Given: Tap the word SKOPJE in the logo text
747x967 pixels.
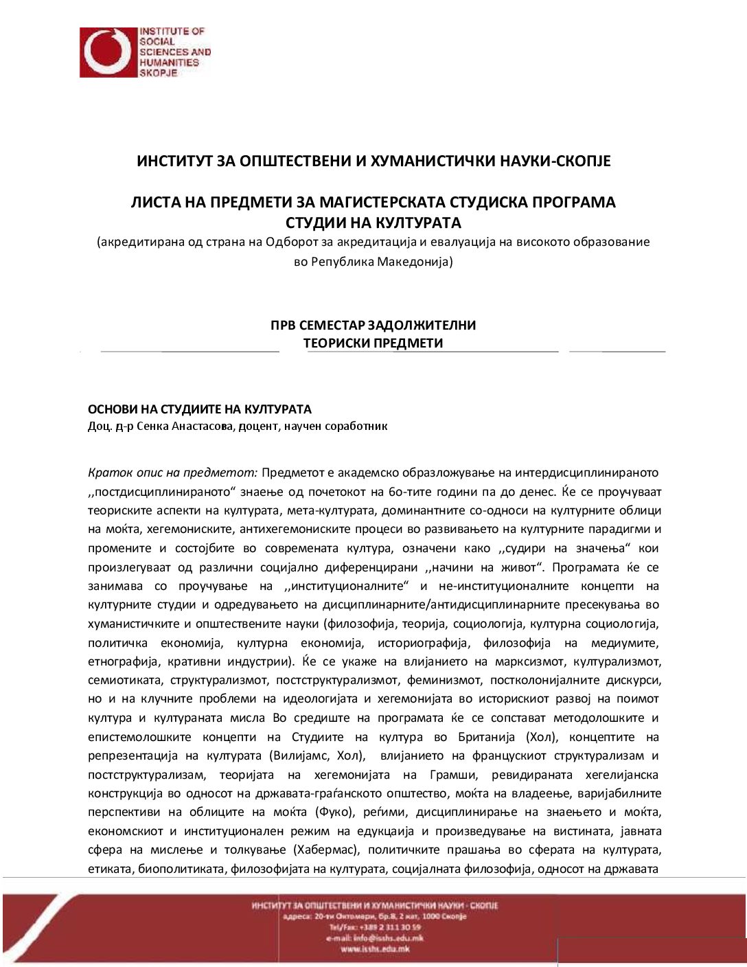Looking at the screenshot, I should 159,73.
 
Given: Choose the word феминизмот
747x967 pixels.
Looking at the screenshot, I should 444,681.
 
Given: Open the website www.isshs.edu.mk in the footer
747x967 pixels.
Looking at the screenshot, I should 375,948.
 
